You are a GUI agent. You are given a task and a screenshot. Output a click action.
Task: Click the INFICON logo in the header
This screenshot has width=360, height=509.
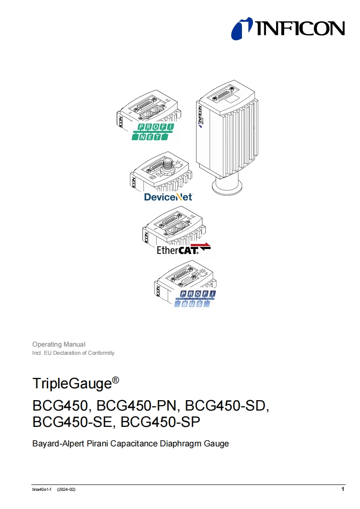point(288,29)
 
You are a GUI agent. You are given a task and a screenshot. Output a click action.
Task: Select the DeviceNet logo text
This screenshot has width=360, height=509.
point(168,197)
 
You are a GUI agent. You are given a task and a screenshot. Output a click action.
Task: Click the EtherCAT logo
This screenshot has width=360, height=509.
point(183,249)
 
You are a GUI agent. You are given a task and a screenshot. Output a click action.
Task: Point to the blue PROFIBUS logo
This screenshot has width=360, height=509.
point(196,299)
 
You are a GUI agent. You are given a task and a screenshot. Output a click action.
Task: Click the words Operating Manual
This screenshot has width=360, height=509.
point(59,344)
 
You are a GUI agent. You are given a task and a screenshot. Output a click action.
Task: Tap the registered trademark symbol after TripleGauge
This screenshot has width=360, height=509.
point(115,380)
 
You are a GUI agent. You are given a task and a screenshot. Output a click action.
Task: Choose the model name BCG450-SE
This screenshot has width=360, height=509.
point(72,422)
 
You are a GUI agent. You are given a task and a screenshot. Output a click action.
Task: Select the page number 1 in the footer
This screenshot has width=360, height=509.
point(343,489)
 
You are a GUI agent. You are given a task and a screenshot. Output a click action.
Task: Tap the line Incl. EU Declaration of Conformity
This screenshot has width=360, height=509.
point(73,353)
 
